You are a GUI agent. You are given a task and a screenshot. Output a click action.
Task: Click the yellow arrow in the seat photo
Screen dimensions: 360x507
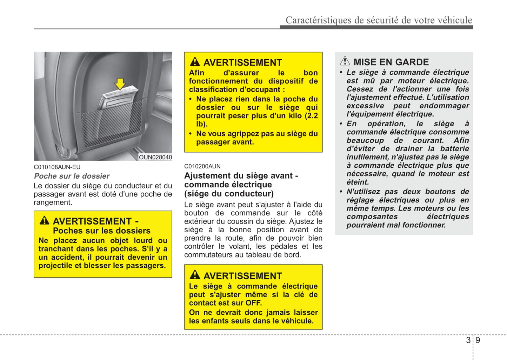pyautogui.click(x=120, y=84)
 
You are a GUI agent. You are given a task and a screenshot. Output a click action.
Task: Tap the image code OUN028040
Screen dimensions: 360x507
pyautogui.click(x=155, y=157)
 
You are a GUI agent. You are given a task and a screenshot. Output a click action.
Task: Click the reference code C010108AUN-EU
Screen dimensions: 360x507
pyautogui.click(x=57, y=167)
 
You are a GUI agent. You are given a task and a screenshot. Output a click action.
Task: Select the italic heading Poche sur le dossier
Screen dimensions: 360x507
pyautogui.click(x=72, y=176)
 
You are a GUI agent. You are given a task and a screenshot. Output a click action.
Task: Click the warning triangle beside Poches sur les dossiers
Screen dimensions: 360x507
pyautogui.click(x=45, y=220)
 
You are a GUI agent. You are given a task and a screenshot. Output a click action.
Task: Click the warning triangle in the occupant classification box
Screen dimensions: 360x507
pyautogui.click(x=195, y=62)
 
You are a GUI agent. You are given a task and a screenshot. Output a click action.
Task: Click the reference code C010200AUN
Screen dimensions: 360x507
pyautogui.click(x=202, y=166)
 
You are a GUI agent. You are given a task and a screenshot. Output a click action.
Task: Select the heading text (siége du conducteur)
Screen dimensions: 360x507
pyautogui.click(x=229, y=194)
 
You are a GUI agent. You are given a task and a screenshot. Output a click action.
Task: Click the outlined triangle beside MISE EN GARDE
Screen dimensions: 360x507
pyautogui.click(x=345, y=61)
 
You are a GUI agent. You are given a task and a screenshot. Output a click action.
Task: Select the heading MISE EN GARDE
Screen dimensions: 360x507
pyautogui.click(x=391, y=62)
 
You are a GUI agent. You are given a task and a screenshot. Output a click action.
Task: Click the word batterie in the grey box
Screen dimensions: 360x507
pyautogui.click(x=454, y=149)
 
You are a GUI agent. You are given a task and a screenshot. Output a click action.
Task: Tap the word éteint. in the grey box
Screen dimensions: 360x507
pyautogui.click(x=358, y=182)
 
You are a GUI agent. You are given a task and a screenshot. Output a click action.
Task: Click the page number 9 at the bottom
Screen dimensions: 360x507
pyautogui.click(x=478, y=340)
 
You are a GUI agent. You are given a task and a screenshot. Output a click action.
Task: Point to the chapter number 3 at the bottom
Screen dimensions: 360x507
pyautogui.click(x=468, y=340)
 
